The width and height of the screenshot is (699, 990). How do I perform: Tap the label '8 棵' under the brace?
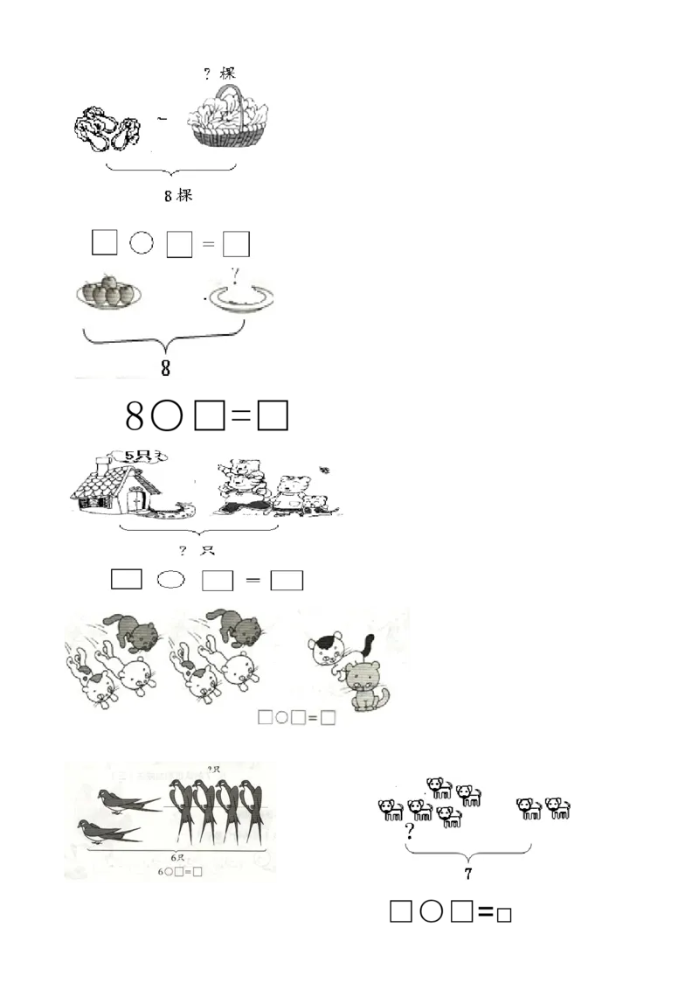coord(178,196)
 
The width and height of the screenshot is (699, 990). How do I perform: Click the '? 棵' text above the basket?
coord(219,73)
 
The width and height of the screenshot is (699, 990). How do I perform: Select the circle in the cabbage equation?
coord(141,243)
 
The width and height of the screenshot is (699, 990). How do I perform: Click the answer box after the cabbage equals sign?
coord(236,243)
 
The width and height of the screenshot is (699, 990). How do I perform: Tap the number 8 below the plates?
coord(165,369)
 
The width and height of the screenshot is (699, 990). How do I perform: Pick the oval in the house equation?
coord(171,579)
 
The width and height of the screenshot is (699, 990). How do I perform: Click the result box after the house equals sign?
coord(287,580)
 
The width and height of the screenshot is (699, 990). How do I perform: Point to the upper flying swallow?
coord(128,798)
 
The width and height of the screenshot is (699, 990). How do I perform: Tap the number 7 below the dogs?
coord(468,873)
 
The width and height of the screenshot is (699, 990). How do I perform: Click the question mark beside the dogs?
coord(408,831)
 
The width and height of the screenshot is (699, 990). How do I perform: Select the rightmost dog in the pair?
coord(557,807)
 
